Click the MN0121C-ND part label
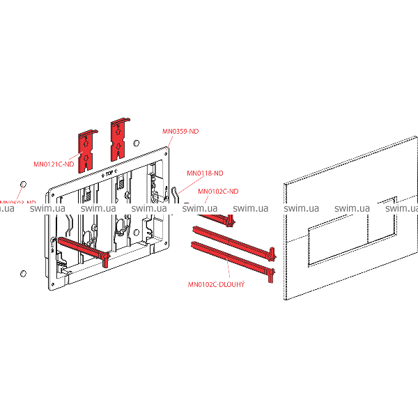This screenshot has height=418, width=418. click(x=54, y=166)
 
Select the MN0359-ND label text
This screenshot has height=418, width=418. click(x=180, y=130)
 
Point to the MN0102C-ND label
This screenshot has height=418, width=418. click(x=218, y=191)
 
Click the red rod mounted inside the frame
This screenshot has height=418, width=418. click(x=80, y=250)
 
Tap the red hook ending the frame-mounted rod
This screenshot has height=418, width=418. click(x=104, y=261)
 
